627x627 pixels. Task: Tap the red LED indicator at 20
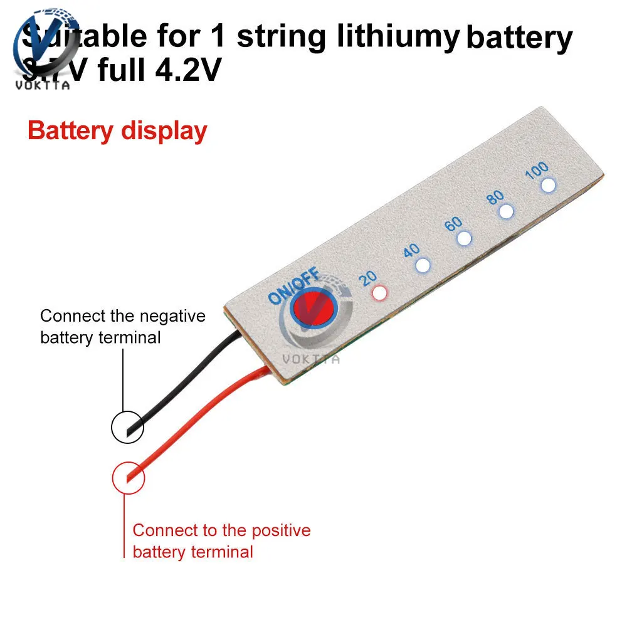tap(379, 292)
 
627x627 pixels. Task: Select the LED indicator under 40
tap(423, 265)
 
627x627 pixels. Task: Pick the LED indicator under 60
tap(464, 238)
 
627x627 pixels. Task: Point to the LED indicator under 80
tap(506, 211)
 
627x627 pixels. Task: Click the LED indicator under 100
tap(549, 184)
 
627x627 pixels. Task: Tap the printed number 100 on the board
tap(537, 170)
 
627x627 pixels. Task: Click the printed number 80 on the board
tap(495, 197)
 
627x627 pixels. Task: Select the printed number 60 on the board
tap(453, 224)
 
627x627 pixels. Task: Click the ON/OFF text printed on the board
tap(294, 287)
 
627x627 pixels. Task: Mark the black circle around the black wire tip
tap(127, 428)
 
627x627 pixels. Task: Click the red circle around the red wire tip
tap(129, 478)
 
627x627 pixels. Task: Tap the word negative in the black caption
tap(174, 316)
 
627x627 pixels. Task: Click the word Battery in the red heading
tap(69, 131)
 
